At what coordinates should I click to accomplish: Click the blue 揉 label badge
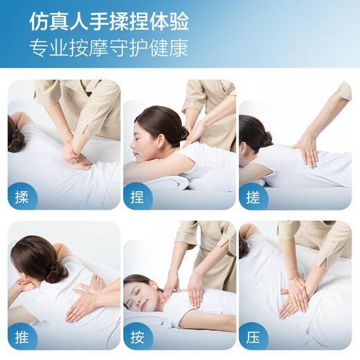[21, 197]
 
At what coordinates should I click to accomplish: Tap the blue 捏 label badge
[137, 197]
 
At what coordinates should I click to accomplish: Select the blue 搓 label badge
[253, 197]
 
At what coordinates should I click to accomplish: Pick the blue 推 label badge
[21, 337]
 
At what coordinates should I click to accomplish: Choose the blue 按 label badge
[137, 337]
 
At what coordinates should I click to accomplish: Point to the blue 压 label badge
[253, 337]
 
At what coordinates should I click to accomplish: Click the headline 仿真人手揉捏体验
[109, 21]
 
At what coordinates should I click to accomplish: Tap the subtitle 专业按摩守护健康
[109, 48]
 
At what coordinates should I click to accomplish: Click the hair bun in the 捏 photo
[183, 132]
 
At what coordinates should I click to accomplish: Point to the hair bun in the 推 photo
[55, 271]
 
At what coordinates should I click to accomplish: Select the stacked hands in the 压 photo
[294, 298]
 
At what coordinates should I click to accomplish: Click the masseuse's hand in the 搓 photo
[305, 147]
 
